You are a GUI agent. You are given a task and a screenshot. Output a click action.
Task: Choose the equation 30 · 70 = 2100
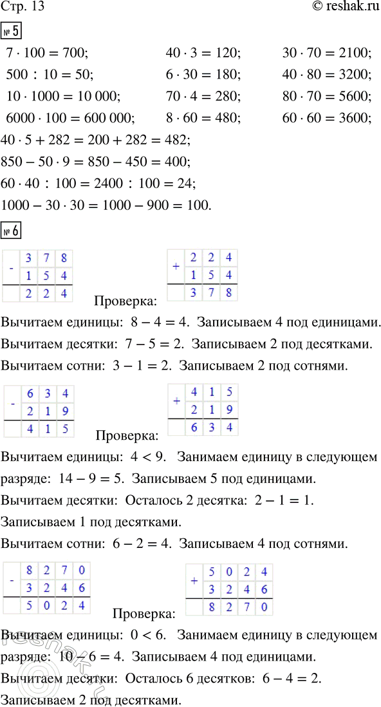pyautogui.click(x=327, y=53)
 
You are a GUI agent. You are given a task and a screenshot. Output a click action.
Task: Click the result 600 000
pyautogui.click(x=109, y=118)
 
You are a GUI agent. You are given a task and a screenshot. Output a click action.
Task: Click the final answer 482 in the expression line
pyautogui.click(x=177, y=140)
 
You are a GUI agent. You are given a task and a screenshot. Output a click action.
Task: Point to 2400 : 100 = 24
pyautogui.click(x=148, y=184)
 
